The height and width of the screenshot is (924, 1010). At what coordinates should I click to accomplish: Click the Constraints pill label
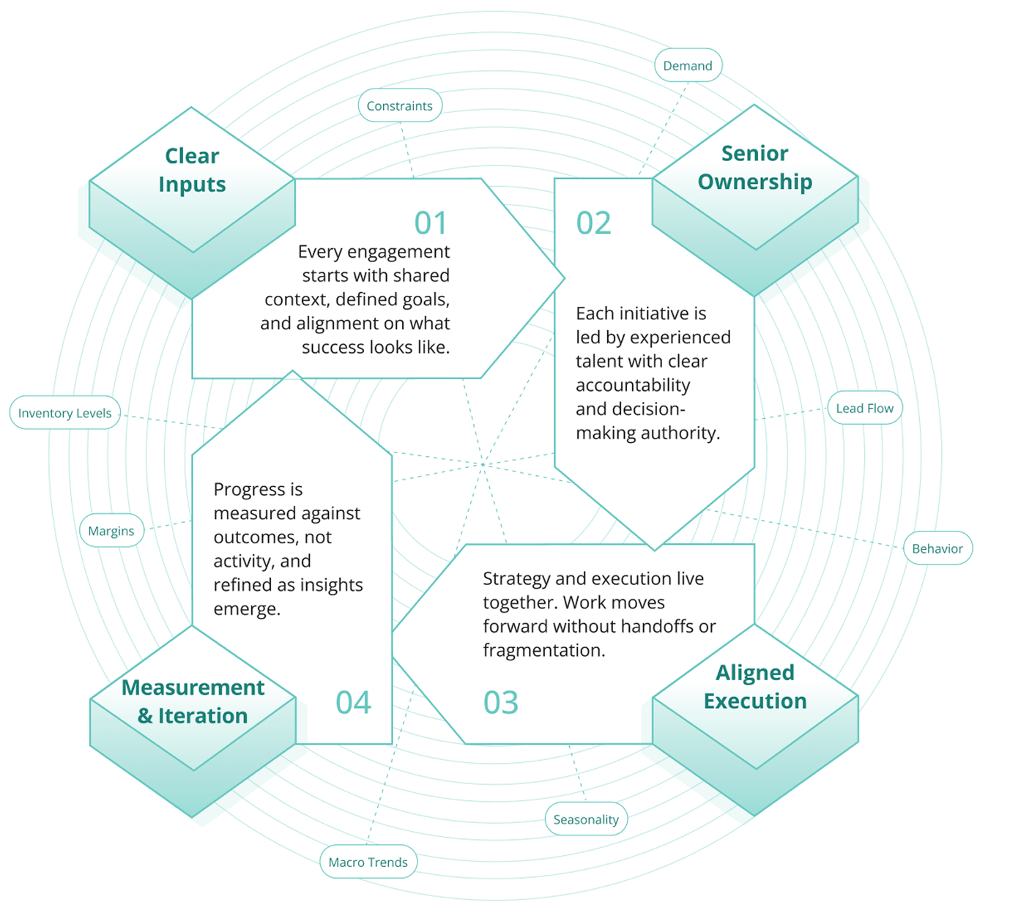[400, 106]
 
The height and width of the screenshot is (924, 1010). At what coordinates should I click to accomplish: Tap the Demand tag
[688, 66]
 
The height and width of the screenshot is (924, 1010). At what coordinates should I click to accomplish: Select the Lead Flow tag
[864, 409]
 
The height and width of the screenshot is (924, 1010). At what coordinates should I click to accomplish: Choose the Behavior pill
[937, 548]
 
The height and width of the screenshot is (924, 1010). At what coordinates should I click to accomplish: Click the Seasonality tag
[586, 819]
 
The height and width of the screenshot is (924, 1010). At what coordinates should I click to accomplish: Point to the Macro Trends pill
[368, 862]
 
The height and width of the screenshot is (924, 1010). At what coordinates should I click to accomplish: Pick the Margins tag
[111, 531]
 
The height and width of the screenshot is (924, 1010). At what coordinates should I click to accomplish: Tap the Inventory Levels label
[64, 413]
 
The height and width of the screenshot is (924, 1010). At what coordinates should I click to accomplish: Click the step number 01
[431, 223]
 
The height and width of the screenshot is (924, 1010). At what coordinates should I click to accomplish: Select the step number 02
[593, 223]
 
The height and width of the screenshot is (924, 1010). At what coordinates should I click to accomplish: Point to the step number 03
[501, 703]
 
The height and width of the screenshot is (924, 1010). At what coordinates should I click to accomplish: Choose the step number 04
[354, 703]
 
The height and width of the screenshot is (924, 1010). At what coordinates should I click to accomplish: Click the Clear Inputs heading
[192, 170]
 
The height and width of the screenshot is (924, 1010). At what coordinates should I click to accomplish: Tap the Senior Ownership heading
[755, 168]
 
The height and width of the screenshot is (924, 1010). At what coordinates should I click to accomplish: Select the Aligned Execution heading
[755, 687]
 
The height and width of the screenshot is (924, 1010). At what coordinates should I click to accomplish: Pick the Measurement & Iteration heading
[193, 701]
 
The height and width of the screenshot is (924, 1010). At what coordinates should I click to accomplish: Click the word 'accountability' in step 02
[633, 385]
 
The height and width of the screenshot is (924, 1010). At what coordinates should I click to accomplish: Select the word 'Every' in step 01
[320, 252]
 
